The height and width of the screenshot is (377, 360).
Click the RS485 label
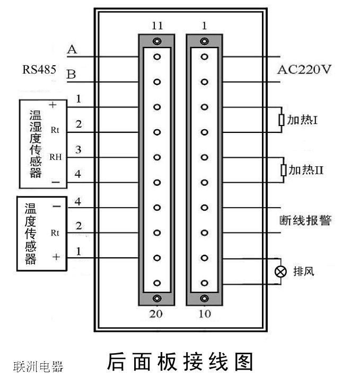click(x=39, y=69)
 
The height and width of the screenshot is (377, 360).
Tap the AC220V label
click(x=304, y=69)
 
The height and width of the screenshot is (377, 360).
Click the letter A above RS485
click(x=72, y=50)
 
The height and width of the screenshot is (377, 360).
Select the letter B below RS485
click(x=71, y=75)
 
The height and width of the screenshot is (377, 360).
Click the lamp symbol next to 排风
click(x=280, y=272)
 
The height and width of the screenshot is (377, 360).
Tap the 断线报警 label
click(x=305, y=220)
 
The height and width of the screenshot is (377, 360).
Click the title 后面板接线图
click(x=180, y=362)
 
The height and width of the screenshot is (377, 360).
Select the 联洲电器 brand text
click(x=38, y=366)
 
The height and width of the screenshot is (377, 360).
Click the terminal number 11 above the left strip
click(x=156, y=25)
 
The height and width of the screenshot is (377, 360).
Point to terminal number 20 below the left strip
click(x=156, y=314)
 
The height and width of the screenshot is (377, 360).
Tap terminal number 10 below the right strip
click(x=205, y=314)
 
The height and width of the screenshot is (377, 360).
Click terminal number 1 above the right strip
click(x=205, y=25)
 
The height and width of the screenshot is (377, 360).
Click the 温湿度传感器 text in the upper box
click(x=36, y=143)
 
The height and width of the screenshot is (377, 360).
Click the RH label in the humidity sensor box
click(x=55, y=157)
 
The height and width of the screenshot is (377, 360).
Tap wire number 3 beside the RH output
click(x=78, y=150)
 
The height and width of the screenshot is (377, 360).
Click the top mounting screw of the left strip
click(x=156, y=41)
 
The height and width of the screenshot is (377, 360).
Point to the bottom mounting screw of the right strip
click(x=205, y=299)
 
